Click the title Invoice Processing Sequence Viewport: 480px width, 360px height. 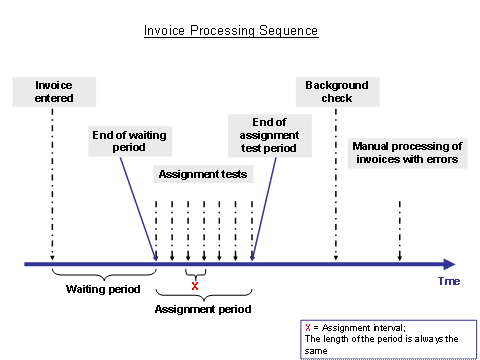pos(231,31)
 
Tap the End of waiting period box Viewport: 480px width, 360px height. pos(118,141)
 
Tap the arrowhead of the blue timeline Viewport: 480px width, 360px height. pos(448,264)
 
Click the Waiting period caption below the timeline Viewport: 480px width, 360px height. pos(96,290)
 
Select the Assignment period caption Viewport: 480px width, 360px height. pos(203,309)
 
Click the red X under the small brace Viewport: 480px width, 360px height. pos(195,286)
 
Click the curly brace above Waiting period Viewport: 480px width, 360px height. pos(103,274)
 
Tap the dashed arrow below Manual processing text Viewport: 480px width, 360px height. pos(400,230)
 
